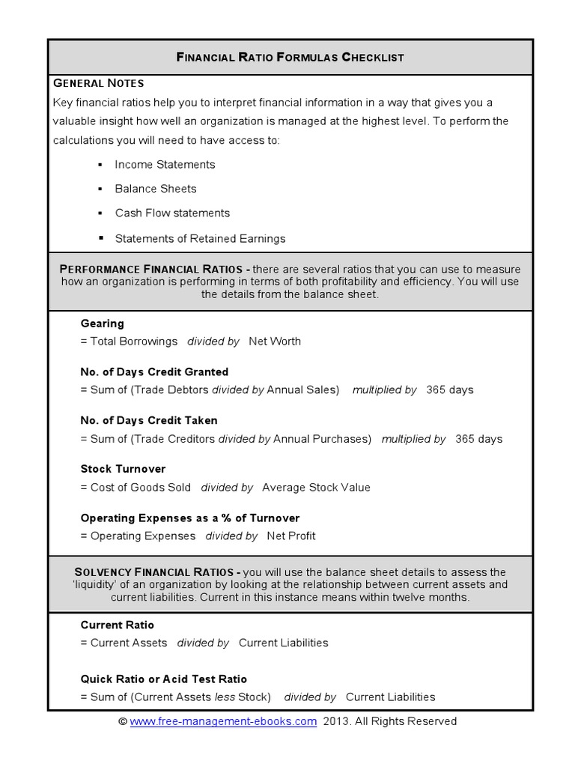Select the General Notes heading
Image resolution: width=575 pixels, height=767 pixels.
(x=98, y=82)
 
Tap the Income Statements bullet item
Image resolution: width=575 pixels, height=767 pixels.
(x=165, y=165)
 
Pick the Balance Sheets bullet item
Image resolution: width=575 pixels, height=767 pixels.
(x=156, y=189)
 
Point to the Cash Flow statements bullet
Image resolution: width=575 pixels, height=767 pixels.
(x=172, y=213)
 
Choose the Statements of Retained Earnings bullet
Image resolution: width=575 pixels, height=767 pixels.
(x=200, y=239)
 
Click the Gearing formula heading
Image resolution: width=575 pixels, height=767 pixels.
(x=103, y=324)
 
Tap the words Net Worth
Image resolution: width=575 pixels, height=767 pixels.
(x=275, y=342)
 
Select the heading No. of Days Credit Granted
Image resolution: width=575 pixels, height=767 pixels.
(x=154, y=372)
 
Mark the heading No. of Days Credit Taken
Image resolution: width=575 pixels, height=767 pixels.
(x=149, y=421)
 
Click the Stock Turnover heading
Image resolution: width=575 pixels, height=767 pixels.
(x=123, y=470)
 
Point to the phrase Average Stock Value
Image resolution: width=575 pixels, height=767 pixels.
(x=316, y=488)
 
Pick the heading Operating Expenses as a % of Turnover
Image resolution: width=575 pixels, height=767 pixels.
(x=190, y=518)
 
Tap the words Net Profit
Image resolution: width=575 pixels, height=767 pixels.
(x=291, y=536)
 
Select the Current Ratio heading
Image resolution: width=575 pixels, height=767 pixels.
(x=118, y=625)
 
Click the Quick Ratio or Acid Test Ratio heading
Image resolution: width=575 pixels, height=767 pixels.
(x=163, y=679)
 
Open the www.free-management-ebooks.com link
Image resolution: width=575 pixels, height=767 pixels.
(x=223, y=722)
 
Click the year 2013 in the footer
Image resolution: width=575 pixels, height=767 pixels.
(x=335, y=722)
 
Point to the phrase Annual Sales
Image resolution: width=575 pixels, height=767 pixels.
(x=302, y=390)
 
